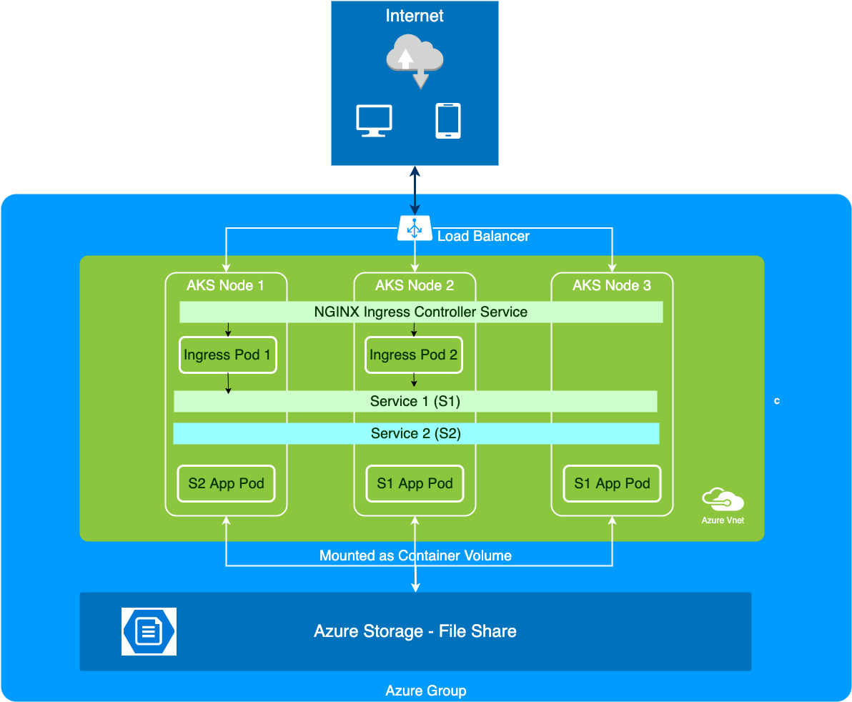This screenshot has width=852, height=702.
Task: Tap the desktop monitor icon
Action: pos(374,120)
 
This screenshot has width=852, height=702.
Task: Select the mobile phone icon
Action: pos(448,120)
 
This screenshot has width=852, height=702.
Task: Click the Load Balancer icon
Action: pos(415,229)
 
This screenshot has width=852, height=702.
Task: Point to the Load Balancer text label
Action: pos(483,236)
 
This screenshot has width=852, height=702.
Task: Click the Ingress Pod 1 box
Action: pos(227,355)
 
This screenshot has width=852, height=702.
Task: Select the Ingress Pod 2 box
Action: pos(413,355)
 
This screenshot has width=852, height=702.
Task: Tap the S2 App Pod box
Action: pos(226,484)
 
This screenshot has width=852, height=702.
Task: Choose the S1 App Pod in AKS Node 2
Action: pos(415,484)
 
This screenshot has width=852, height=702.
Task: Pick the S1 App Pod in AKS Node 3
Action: pos(612,484)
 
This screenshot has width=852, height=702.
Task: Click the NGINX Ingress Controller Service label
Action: pos(420,312)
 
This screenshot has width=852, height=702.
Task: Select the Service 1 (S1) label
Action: pos(415,401)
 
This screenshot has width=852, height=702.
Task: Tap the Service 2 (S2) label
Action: pos(415,433)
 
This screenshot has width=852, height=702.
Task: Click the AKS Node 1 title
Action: pos(225,285)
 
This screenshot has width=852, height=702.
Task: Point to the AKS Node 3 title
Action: pos(611,285)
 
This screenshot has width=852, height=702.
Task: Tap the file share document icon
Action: pos(149,631)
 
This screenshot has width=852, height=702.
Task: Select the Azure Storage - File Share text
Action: pos(415,631)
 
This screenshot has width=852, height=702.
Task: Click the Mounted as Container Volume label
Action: pos(415,555)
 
